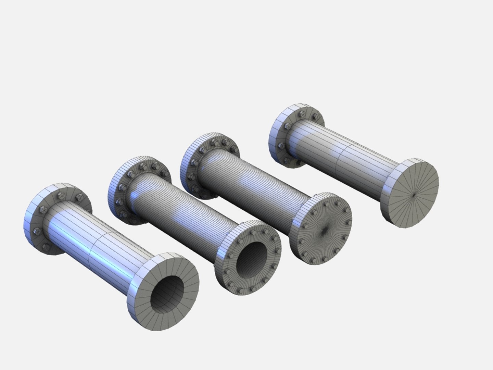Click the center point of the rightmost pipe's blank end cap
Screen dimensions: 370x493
click(414, 195)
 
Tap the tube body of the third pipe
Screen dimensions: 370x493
click(257, 185)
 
